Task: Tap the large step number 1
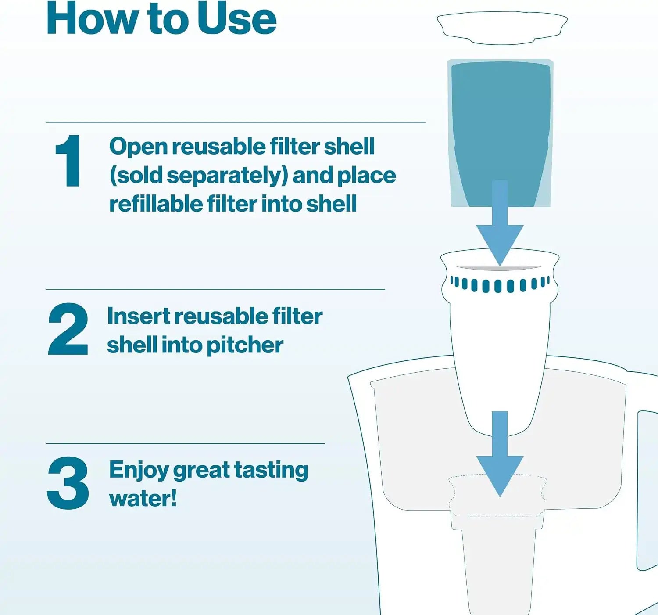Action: (x=68, y=161)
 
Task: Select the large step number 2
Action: (x=68, y=329)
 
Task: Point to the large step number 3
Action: (x=68, y=482)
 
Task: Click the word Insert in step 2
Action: (x=138, y=316)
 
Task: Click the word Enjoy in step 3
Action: (x=139, y=471)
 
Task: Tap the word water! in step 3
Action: (x=143, y=498)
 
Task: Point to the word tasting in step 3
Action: (x=271, y=471)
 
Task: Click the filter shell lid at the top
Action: (x=502, y=28)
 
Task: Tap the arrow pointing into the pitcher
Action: (x=500, y=454)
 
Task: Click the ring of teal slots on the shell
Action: (x=500, y=284)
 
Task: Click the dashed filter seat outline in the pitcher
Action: (x=497, y=496)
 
